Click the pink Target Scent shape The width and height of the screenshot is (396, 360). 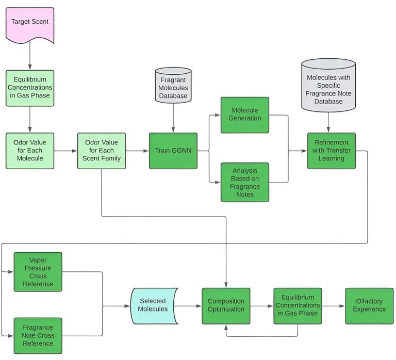tap(29, 23)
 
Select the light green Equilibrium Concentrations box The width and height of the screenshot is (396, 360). tap(30, 88)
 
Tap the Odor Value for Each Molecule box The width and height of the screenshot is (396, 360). tap(30, 151)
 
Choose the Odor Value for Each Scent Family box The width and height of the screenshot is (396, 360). tap(102, 151)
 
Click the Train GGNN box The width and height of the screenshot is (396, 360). tap(173, 151)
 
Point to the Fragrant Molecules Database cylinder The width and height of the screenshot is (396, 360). tap(173, 87)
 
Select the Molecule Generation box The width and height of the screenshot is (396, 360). tap(245, 114)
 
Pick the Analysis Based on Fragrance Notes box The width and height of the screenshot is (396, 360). tap(245, 182)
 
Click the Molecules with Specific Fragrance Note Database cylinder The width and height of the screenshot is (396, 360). tap(328, 85)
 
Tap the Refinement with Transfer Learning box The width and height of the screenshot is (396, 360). tap(331, 151)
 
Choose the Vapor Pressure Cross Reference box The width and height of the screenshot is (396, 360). tap(38, 272)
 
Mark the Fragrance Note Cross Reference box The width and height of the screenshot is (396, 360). tap(38, 336)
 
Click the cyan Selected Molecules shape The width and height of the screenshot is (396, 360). tap(153, 305)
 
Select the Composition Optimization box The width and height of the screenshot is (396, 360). tap(226, 305)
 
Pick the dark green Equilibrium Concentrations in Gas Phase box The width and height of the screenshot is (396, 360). tap(298, 305)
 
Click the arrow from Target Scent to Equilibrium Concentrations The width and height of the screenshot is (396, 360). tap(30, 56)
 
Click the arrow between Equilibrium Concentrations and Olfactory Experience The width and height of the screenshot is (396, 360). tap(333, 306)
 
